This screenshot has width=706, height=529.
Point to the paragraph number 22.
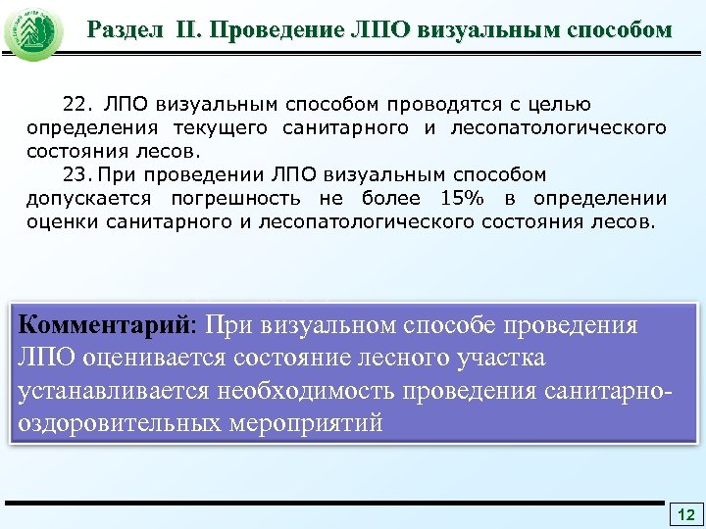[76, 104]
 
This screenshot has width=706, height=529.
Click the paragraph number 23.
[76, 174]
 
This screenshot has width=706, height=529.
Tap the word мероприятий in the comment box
[314, 423]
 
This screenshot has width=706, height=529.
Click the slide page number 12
[685, 514]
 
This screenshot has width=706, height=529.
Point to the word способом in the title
[618, 29]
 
